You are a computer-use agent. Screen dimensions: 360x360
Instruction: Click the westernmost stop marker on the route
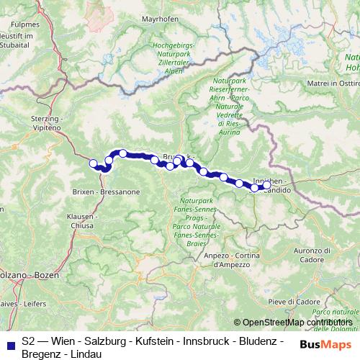pyautogui.click(x=93, y=163)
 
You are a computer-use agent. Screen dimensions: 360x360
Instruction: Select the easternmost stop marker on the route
pyautogui.click(x=266, y=185)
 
